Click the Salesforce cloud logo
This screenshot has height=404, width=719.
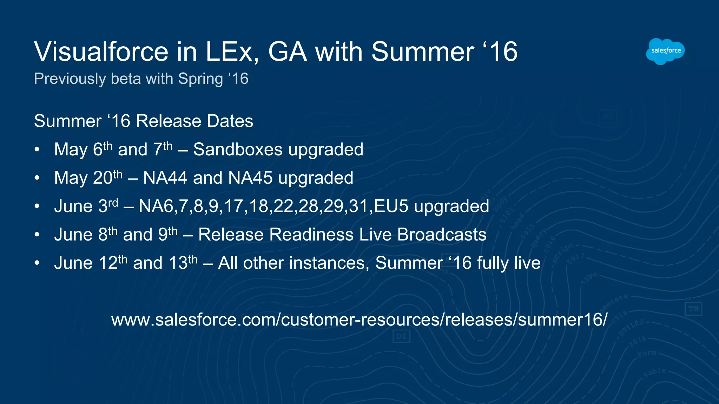click(x=665, y=51)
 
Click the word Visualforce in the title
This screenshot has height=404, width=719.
click(x=101, y=52)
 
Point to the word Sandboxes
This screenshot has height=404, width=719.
click(x=238, y=149)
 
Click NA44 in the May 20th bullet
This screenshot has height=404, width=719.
click(x=165, y=178)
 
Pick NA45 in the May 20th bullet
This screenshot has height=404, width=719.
click(x=250, y=178)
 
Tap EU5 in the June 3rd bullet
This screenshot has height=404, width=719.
click(x=391, y=206)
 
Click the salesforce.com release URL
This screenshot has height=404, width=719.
click(x=359, y=319)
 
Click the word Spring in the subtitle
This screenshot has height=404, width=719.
click(x=200, y=79)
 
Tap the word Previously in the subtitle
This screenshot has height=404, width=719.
click(x=70, y=79)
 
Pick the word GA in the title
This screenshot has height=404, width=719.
click(x=288, y=52)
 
